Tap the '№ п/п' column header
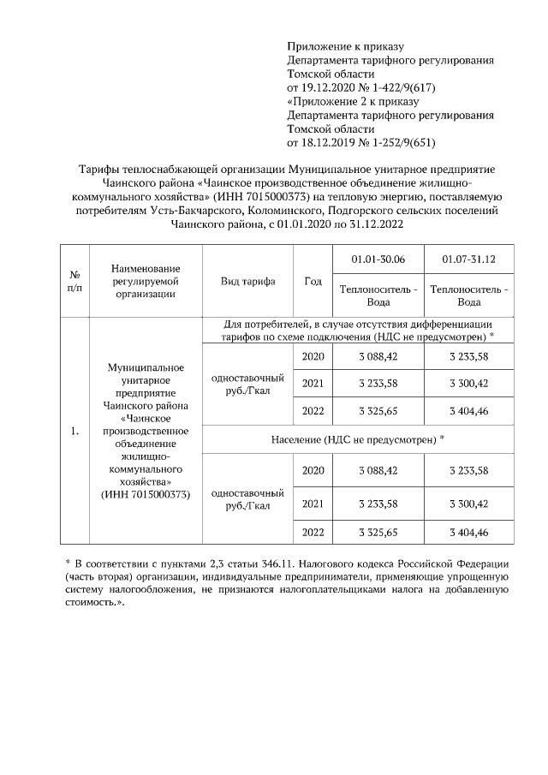74,280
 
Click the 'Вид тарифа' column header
247,281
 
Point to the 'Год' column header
313,281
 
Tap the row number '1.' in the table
74,431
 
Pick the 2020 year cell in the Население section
313,471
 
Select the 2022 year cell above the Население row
313,411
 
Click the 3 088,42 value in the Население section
379,471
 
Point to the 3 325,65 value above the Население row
379,411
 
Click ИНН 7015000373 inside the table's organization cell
145,495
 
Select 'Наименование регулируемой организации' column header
145,281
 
